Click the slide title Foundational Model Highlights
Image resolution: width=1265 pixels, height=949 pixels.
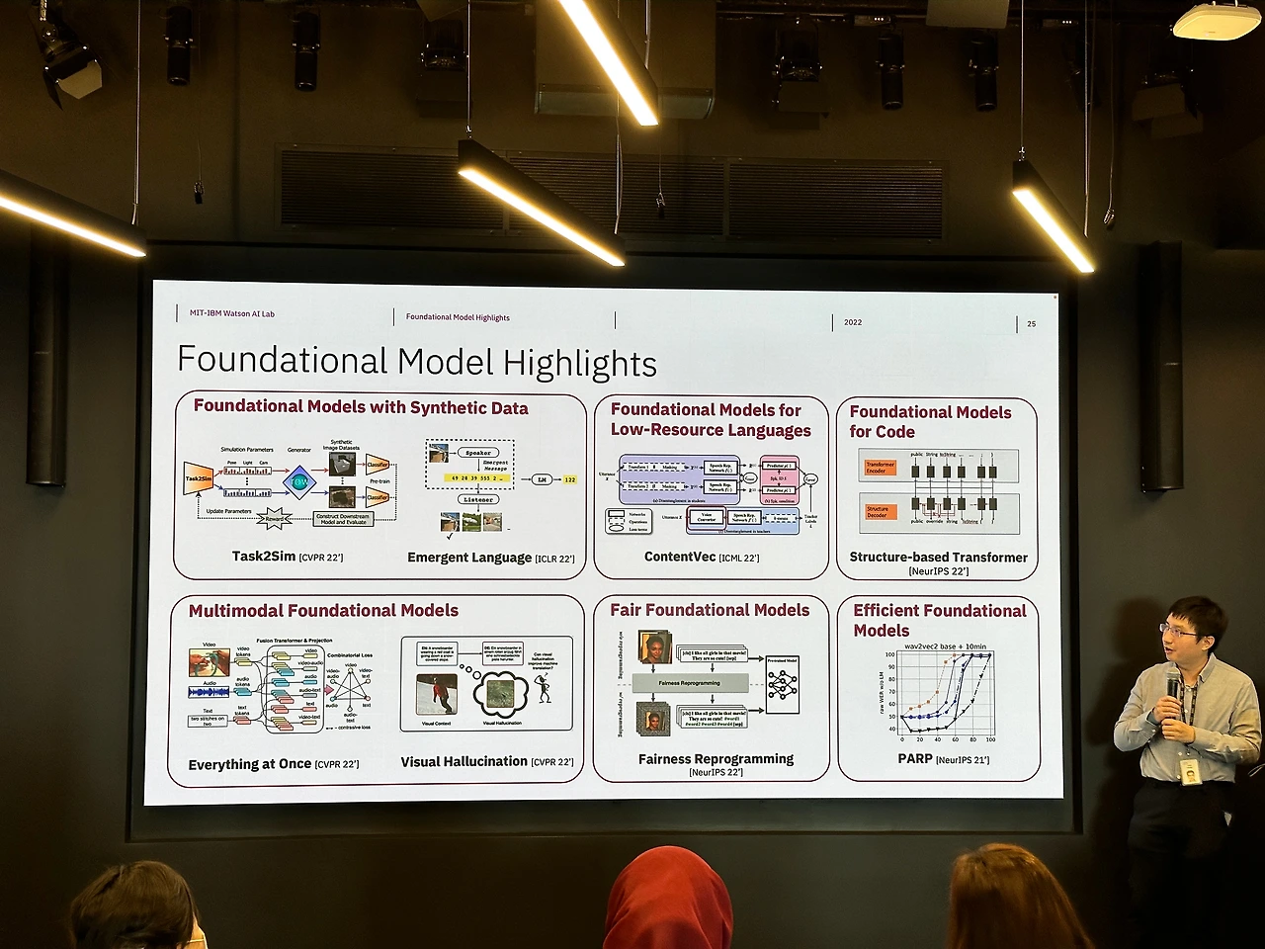(416, 362)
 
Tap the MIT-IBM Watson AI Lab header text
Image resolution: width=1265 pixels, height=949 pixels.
(232, 313)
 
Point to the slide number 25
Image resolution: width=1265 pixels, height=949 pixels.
(1031, 323)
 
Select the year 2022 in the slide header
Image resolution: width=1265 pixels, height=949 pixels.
(853, 322)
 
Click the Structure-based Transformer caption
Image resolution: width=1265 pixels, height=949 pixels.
(938, 558)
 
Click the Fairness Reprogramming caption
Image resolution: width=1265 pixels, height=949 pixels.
(716, 759)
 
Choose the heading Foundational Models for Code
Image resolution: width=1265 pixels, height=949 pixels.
(930, 421)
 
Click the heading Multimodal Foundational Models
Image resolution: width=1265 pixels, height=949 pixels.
(323, 611)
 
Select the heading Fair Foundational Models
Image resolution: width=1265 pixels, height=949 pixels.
(710, 610)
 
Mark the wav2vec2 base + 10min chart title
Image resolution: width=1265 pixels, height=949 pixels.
(945, 647)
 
